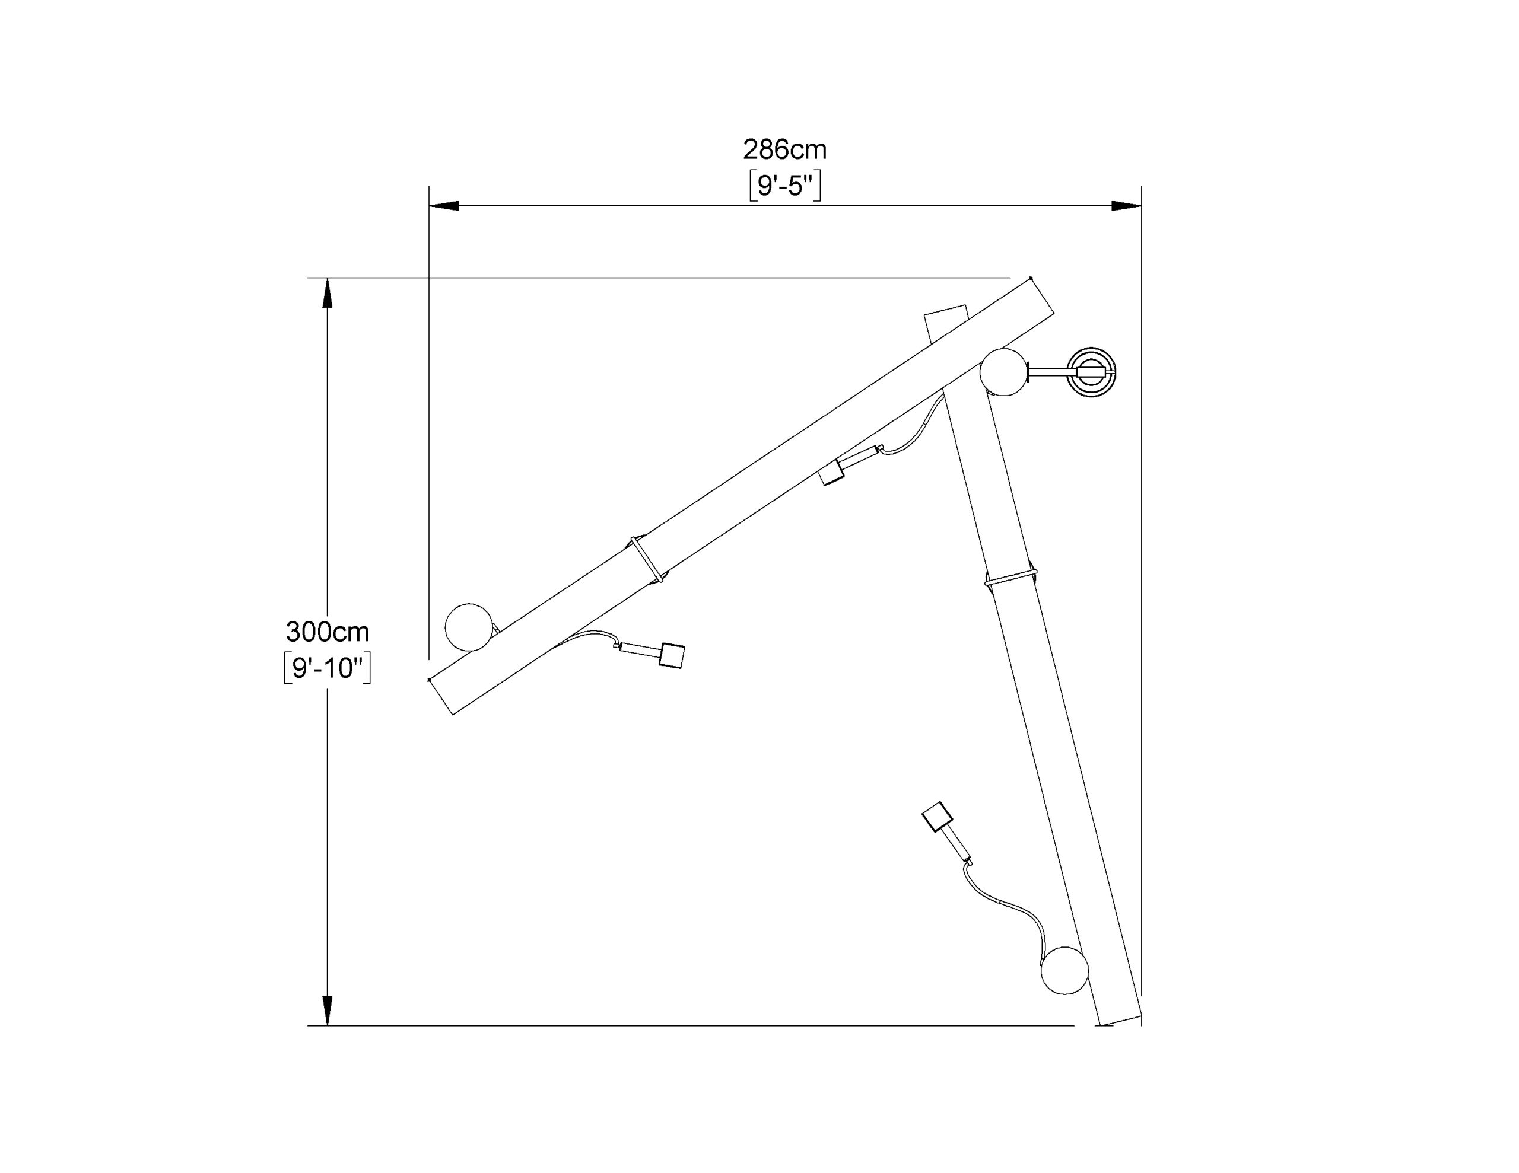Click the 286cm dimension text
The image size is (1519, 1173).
[x=784, y=149]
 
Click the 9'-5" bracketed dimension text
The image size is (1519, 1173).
[x=785, y=186]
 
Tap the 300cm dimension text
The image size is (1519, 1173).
[x=328, y=632]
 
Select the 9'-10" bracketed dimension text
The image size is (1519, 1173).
[x=328, y=668]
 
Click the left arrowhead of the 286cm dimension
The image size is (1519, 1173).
[x=444, y=206]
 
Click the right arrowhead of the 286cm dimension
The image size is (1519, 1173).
[x=1127, y=206]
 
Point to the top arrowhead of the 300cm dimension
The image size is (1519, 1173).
[x=328, y=293]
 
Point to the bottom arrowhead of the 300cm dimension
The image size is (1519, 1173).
[x=328, y=1011]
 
